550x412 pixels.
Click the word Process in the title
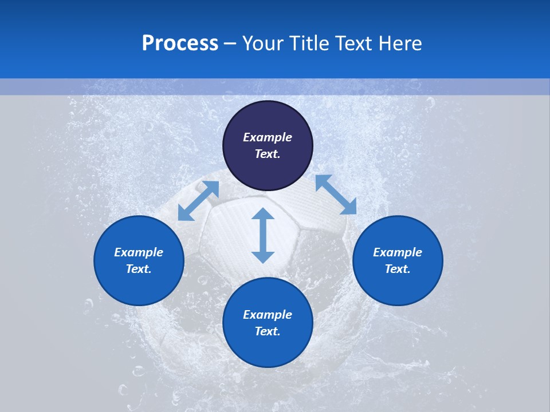pos(180,43)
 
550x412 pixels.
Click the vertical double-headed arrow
pos(263,235)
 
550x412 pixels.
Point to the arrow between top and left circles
pos(198,201)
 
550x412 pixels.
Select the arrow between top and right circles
pos(336,195)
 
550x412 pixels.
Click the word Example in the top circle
pos(268,137)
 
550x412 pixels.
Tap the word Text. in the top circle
pos(268,154)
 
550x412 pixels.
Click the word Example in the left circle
pos(139,252)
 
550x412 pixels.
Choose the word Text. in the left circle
pos(139,269)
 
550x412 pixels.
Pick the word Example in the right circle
pos(398,252)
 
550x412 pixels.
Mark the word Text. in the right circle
pos(398,269)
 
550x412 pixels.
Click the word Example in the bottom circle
pos(268,315)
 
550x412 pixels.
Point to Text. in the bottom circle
pos(268,331)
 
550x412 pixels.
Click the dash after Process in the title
pos(230,44)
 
